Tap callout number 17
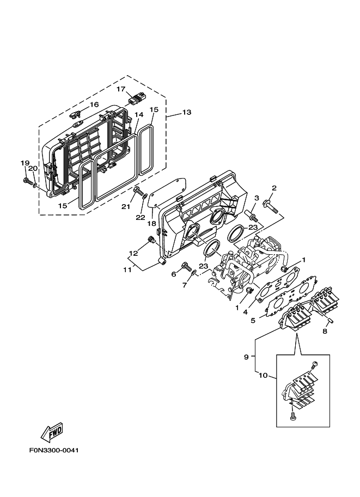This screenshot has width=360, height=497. tap(121, 89)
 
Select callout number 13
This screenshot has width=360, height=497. tap(186, 113)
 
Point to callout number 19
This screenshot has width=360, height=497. tap(25, 163)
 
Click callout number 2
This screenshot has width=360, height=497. tap(274, 188)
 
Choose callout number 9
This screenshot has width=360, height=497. tap(246, 357)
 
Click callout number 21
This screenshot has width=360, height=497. tap(125, 206)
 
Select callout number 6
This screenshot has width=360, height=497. tap(174, 274)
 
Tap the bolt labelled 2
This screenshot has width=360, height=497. tap(270, 205)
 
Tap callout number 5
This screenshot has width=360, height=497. tap(253, 321)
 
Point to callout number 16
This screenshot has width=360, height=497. tap(94, 105)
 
